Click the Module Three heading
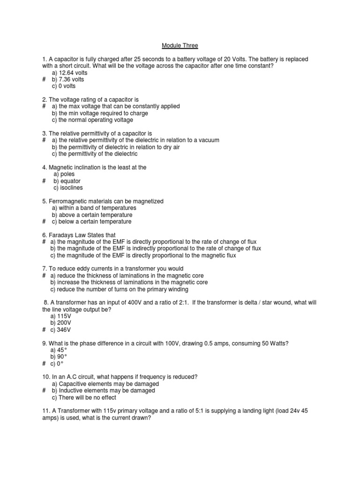(x=180, y=45)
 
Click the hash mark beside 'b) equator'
(x=44, y=181)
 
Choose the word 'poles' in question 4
(x=67, y=174)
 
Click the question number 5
(x=44, y=201)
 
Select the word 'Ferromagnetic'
(x=67, y=201)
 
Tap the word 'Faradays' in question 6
(x=60, y=235)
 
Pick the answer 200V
(x=60, y=323)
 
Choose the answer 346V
(x=60, y=330)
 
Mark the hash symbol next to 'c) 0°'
(x=44, y=364)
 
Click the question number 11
(x=45, y=411)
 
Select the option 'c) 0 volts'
(x=64, y=86)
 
